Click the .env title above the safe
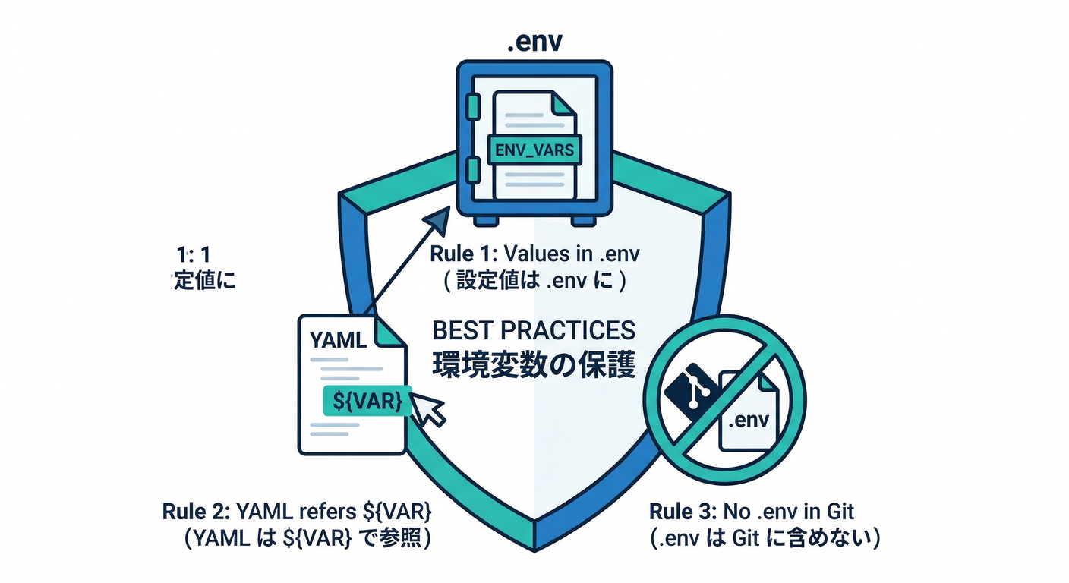[534, 41]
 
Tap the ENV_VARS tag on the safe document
[534, 150]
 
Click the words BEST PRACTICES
[534, 331]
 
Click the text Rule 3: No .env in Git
[759, 511]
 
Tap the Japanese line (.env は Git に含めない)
[765, 539]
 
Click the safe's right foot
[582, 219]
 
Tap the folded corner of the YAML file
[389, 332]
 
